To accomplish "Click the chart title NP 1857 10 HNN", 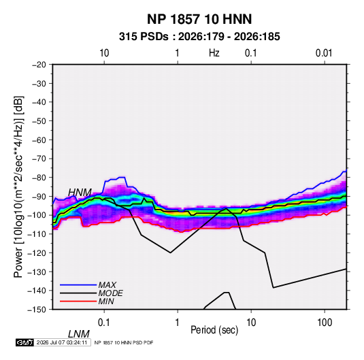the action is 199,19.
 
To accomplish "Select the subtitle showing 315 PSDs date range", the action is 199,37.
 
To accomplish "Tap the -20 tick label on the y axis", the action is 39,65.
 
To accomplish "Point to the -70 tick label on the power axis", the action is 39,159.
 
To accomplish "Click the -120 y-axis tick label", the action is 37,253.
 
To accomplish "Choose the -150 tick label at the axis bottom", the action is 37,310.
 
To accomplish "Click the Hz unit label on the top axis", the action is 214,53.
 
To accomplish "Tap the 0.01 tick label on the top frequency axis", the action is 324,53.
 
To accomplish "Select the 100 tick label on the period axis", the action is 325,323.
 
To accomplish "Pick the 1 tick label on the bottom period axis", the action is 178,323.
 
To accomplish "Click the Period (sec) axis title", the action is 214,330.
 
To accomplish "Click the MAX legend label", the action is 107,284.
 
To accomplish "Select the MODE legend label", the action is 110,293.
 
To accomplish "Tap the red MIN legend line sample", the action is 78,301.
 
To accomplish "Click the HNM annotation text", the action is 80,193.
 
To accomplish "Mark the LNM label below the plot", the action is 79,334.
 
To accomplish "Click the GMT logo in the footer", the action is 25,342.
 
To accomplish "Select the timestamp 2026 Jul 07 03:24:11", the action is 62,342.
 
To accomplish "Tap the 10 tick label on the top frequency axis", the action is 104,53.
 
